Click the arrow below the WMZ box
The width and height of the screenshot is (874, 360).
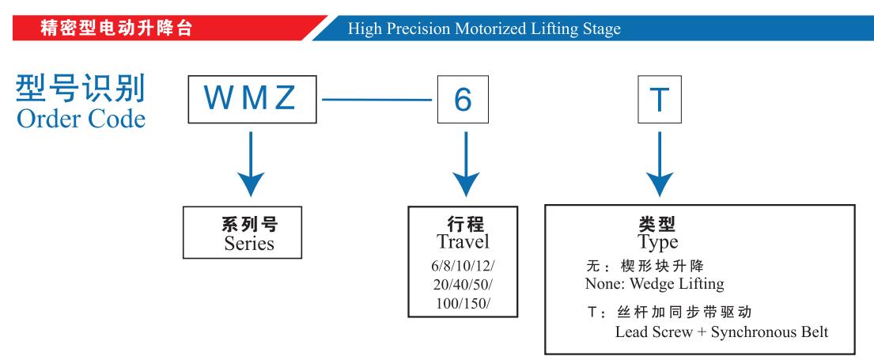(x=251, y=164)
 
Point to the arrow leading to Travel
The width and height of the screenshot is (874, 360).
(x=465, y=164)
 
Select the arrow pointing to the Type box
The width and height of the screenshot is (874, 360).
(x=660, y=164)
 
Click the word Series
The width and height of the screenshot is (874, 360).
(x=249, y=244)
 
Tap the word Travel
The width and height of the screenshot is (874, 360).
(x=463, y=241)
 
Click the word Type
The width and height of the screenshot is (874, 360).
(x=658, y=242)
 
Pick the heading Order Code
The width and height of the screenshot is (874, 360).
(x=81, y=119)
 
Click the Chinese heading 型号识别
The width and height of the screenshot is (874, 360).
(x=81, y=88)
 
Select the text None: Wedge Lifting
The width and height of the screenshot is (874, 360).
(x=654, y=284)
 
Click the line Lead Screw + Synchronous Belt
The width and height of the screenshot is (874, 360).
(x=722, y=332)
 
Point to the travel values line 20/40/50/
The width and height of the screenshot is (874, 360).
(x=463, y=284)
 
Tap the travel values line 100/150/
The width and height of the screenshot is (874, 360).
(x=463, y=304)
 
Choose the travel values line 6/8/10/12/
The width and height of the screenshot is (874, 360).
(x=463, y=265)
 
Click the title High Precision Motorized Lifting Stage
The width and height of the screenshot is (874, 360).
(x=484, y=28)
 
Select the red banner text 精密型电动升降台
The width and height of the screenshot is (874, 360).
(x=116, y=28)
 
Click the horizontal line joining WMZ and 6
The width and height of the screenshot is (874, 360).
(x=377, y=100)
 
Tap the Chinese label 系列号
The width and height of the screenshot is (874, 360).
(x=250, y=225)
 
